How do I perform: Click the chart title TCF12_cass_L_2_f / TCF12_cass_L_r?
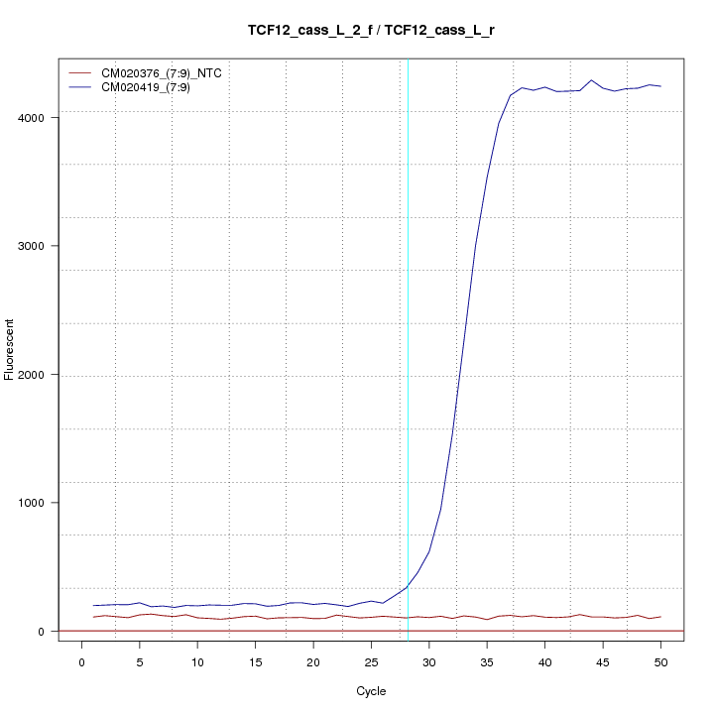point(371,30)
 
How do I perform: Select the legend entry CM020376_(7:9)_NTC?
point(161,72)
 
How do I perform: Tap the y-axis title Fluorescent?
point(10,349)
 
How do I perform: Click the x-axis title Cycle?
point(371,691)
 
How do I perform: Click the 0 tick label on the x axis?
point(82,659)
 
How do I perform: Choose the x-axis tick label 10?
point(197,659)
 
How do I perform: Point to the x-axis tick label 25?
point(371,659)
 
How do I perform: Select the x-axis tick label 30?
point(429,659)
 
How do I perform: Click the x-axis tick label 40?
point(544,659)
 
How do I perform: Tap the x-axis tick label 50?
point(660,659)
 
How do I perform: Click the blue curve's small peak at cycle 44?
point(591,80)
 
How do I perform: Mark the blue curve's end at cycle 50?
point(660,86)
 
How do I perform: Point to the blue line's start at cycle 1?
point(94,605)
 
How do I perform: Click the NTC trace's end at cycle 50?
point(660,617)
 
